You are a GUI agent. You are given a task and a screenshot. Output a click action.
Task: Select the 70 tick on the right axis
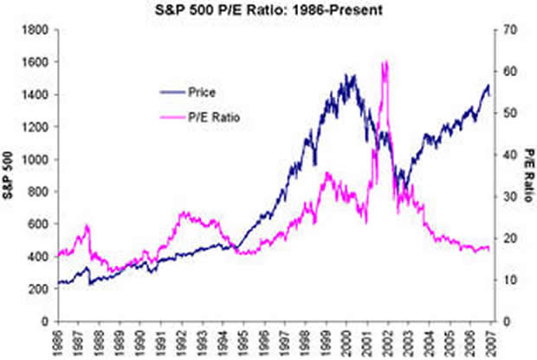[500, 30]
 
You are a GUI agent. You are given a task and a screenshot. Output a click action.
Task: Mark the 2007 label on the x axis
[489, 340]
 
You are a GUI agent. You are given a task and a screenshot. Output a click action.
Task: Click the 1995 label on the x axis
[243, 340]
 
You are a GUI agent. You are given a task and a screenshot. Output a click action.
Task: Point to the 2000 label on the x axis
[346, 340]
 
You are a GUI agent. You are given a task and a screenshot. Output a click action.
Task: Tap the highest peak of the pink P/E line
[384, 62]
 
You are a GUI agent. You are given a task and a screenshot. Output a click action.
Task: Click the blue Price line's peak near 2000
[351, 75]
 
